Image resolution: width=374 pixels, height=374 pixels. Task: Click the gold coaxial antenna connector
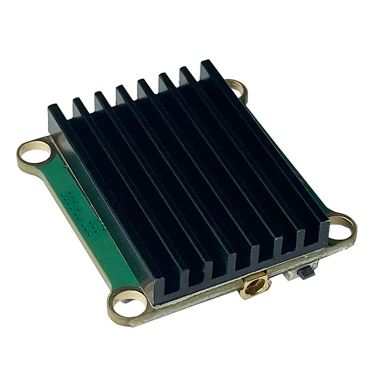tap(253, 286)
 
